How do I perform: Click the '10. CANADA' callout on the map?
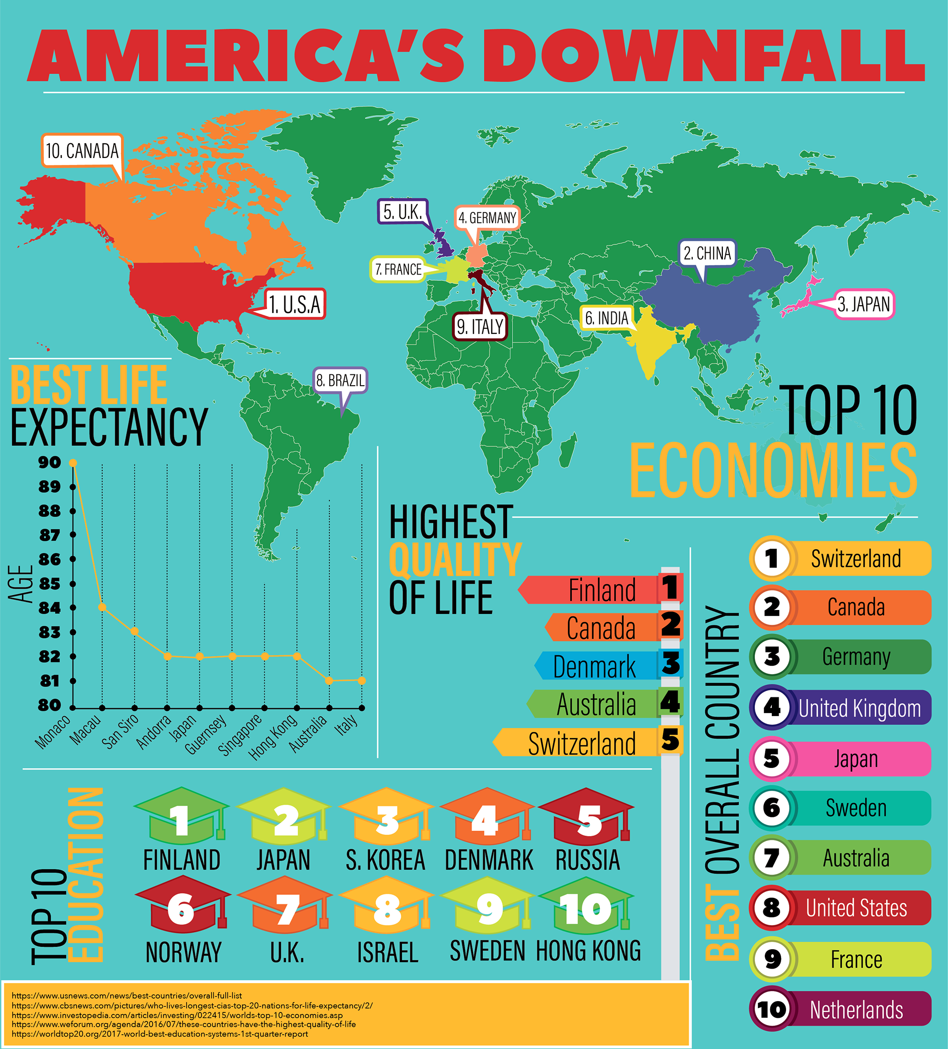pyautogui.click(x=82, y=151)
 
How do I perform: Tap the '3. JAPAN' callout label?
pyautogui.click(x=864, y=304)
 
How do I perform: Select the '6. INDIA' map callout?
pyautogui.click(x=607, y=318)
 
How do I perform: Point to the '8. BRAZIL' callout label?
pyautogui.click(x=340, y=380)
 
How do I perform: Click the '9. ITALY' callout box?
pyautogui.click(x=480, y=326)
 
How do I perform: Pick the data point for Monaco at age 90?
pyautogui.click(x=73, y=463)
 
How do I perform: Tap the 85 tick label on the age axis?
pyautogui.click(x=50, y=584)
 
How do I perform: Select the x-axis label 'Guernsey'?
pyautogui.click(x=206, y=734)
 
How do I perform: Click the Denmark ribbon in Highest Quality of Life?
pyautogui.click(x=595, y=666)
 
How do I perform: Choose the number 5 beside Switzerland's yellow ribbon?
pyautogui.click(x=670, y=740)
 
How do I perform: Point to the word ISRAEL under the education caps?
pyautogui.click(x=388, y=952)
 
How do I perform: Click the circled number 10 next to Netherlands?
pyautogui.click(x=772, y=1009)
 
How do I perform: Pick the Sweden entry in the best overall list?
pyautogui.click(x=856, y=808)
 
